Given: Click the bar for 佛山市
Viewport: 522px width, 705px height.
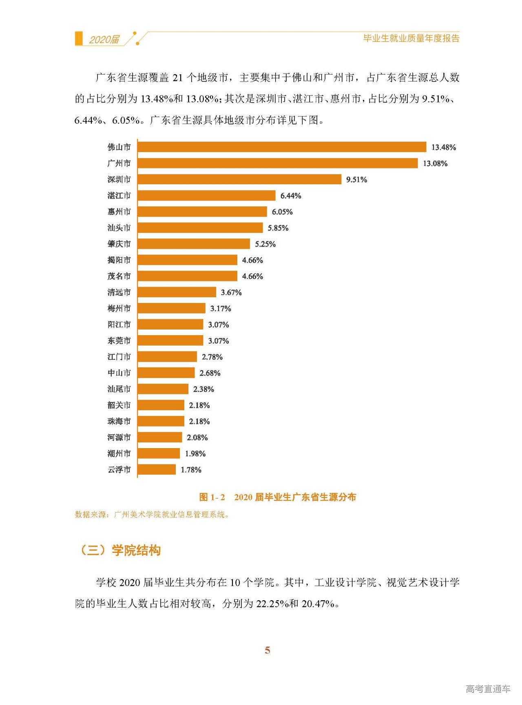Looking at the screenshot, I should click(x=281, y=147).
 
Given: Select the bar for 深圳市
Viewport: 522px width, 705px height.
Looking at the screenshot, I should click(x=239, y=179).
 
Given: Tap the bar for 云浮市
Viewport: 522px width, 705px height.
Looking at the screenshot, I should click(x=157, y=469).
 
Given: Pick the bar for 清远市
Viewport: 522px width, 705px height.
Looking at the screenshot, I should click(x=177, y=292).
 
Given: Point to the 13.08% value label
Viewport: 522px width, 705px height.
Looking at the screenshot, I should click(x=435, y=164).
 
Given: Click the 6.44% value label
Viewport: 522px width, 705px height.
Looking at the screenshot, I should click(x=291, y=196).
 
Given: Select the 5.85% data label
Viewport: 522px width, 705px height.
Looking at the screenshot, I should click(x=278, y=228).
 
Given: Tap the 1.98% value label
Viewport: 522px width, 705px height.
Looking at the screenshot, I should click(x=195, y=453).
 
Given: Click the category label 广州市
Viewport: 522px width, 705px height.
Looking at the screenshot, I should click(x=119, y=163).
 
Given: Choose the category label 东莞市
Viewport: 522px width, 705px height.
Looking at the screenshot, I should click(x=119, y=340).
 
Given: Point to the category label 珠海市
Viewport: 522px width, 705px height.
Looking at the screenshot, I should click(x=119, y=421).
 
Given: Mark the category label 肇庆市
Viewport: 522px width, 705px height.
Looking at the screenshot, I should click(x=119, y=244).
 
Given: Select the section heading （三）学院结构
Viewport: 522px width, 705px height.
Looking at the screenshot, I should click(x=120, y=550).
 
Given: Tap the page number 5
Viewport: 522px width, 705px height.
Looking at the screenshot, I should click(x=267, y=650).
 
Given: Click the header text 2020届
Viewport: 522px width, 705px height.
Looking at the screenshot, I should click(x=104, y=40).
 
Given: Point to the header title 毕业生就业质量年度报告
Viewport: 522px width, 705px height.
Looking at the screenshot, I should click(x=411, y=38).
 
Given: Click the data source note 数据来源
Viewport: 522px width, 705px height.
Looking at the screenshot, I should click(x=152, y=515).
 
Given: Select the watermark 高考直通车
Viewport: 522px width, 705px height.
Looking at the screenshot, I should click(x=488, y=689).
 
